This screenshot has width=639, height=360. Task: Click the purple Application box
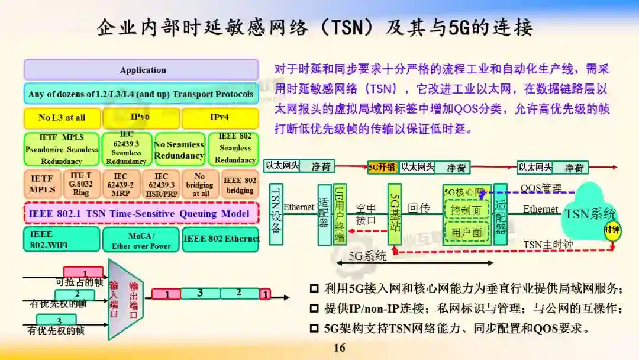[141, 70]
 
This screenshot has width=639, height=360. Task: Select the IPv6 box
[141, 117]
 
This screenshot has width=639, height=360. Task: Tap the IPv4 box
[220, 117]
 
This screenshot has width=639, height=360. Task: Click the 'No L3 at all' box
[62, 117]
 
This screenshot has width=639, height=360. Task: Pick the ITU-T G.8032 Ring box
[80, 184]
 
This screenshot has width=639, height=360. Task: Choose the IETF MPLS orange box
[43, 184]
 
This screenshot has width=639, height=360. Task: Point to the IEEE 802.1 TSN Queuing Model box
[141, 213]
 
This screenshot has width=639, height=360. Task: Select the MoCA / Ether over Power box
[141, 240]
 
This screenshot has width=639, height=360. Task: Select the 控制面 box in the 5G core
[466, 210]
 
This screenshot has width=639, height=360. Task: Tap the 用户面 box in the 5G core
[466, 232]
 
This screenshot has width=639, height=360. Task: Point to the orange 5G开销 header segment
[382, 167]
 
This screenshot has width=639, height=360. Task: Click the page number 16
[339, 348]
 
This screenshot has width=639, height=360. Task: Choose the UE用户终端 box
[340, 214]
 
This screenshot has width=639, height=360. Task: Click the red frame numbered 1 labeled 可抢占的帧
[83, 273]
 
